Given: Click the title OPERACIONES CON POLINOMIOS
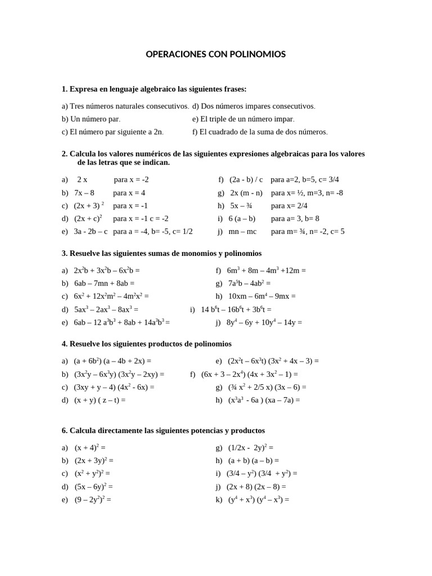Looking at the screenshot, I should [215, 55].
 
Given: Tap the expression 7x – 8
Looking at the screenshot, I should [84, 193].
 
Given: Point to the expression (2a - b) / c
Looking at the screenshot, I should [246, 180].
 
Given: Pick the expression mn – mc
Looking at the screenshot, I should [242, 231].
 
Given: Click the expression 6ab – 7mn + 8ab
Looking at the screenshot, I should [104, 283].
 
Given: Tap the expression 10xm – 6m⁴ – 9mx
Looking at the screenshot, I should [262, 296].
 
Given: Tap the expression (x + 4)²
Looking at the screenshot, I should [90, 448].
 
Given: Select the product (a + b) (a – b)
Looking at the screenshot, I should [253, 460].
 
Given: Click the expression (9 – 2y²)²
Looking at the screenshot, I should [93, 499].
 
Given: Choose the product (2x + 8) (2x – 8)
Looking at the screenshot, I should [256, 487].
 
